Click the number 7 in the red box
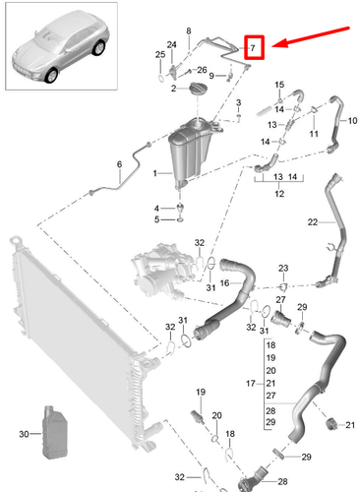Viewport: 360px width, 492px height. coord(254,47)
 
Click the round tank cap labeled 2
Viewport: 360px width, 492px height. coord(188,90)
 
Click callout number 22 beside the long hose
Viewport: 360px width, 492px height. coord(313,224)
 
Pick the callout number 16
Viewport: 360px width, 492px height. coord(224,282)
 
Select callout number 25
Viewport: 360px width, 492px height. coord(159,54)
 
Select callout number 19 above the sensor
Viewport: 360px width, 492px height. coord(199,395)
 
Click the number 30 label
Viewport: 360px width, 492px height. coord(24,434)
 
